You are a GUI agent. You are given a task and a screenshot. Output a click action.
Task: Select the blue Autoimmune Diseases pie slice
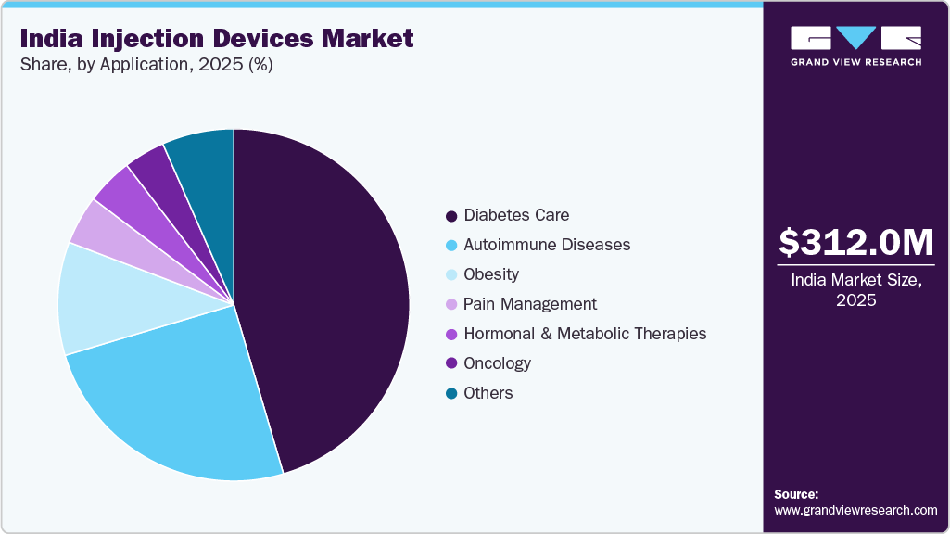(x=185, y=399)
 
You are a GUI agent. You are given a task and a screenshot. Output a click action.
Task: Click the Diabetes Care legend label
(x=516, y=215)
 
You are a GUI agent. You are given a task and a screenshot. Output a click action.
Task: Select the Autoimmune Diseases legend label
(x=547, y=245)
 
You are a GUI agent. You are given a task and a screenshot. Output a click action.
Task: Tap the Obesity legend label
(x=491, y=274)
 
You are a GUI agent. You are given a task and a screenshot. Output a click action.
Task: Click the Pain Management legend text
(x=530, y=304)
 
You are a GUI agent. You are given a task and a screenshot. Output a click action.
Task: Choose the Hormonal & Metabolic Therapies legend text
(x=585, y=334)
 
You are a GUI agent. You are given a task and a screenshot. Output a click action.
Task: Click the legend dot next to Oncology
(x=451, y=364)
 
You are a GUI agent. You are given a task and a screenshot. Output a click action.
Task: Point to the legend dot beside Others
(x=451, y=394)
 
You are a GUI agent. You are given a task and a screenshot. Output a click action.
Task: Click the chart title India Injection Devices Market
(x=217, y=38)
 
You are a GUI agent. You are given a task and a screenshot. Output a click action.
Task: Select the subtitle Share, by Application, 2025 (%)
(x=146, y=65)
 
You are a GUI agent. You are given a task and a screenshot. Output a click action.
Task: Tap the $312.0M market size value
(x=855, y=242)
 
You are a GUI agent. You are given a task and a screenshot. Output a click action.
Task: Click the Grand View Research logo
(x=855, y=45)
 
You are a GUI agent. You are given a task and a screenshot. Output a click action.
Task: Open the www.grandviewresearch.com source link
(x=855, y=510)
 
